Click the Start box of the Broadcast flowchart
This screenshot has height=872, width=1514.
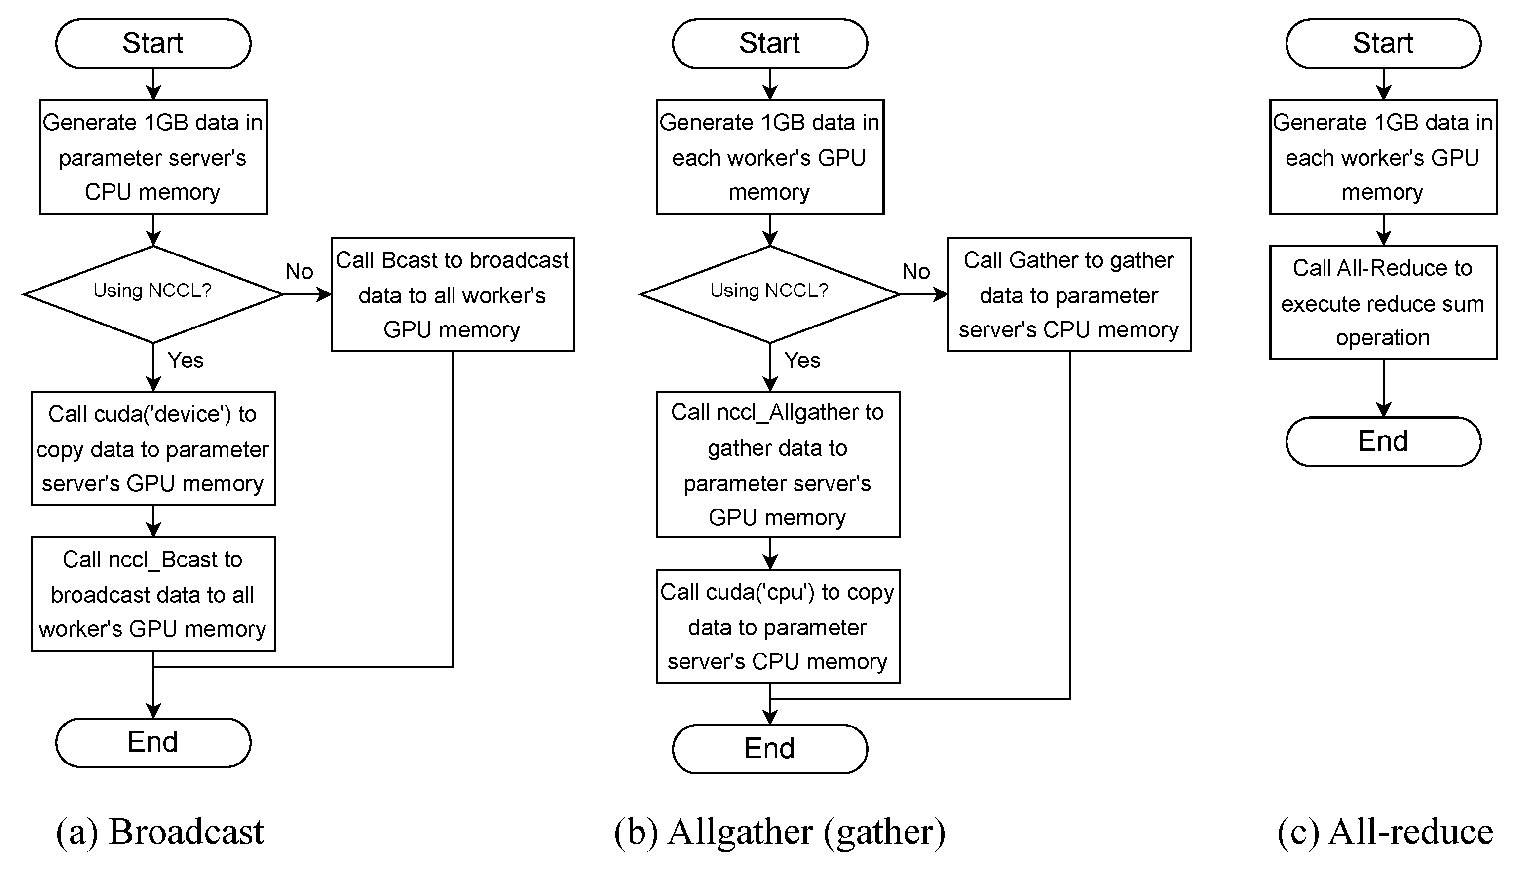(153, 43)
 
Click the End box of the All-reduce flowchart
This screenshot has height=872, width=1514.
(1383, 441)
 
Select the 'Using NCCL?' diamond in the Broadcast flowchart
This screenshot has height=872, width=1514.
(153, 293)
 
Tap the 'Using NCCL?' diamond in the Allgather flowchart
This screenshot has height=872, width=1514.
(769, 293)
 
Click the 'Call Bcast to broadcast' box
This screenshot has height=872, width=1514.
(453, 294)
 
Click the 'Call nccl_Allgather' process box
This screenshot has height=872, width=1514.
(777, 464)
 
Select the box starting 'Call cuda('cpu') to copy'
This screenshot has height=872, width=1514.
(777, 626)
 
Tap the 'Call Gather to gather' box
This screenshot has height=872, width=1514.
(1069, 294)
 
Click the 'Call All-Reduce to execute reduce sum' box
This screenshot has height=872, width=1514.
(1383, 302)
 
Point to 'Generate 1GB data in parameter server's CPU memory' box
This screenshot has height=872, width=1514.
(153, 156)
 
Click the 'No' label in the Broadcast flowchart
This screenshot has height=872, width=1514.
(299, 271)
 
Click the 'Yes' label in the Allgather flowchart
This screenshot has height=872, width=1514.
(801, 360)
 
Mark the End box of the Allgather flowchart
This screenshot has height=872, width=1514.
(769, 749)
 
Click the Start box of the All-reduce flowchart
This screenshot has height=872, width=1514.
(1383, 43)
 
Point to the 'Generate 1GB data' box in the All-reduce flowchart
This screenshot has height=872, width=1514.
(1383, 156)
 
